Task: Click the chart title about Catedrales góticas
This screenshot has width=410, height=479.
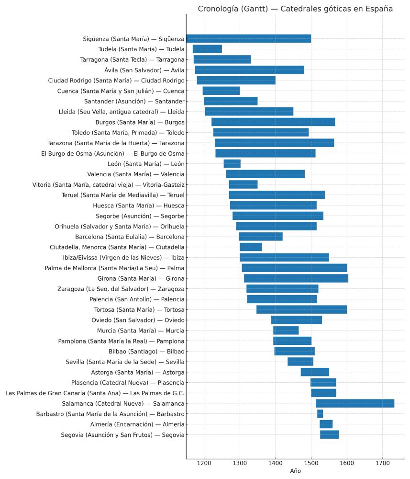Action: pos(295,9)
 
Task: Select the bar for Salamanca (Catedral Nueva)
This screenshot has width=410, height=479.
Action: pos(355,403)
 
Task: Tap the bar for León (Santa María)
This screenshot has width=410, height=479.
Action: pos(232,164)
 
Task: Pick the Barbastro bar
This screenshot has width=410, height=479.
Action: pos(320,414)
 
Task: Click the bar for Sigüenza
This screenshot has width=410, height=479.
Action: pos(249,39)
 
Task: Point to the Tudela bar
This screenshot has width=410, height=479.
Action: pos(207,49)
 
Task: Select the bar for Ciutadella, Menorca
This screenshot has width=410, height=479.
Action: pos(251,247)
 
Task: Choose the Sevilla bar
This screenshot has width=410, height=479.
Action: pos(300,362)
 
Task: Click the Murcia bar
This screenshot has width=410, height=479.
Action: pos(286,331)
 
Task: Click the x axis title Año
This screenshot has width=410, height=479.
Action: pos(295,471)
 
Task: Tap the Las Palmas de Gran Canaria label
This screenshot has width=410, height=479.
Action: pos(95,393)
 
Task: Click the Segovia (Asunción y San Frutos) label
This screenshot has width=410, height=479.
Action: pos(122,435)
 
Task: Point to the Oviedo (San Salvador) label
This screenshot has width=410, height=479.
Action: pos(138,320)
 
